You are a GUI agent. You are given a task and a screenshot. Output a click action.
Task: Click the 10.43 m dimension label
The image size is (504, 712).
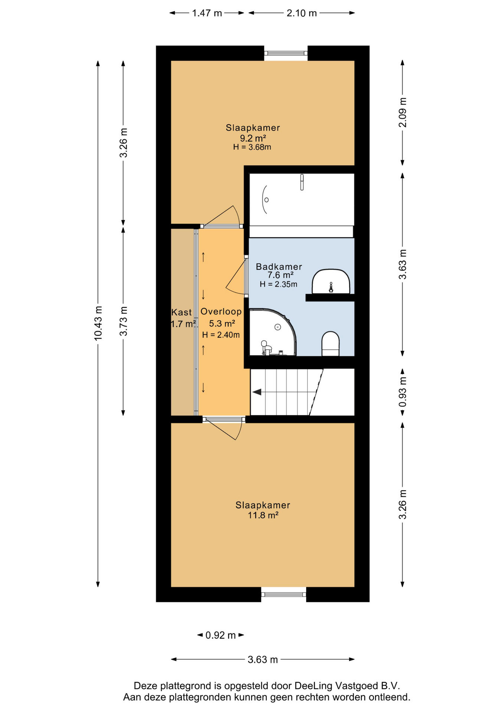point(98,323)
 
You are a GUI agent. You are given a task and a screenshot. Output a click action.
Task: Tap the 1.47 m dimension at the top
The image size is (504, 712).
point(207,13)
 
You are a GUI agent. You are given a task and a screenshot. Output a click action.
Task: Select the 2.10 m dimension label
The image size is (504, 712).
point(302,13)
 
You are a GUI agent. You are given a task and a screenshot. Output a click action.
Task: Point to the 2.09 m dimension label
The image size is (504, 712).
point(403,112)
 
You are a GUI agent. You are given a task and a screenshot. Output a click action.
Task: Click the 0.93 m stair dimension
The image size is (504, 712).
point(403,392)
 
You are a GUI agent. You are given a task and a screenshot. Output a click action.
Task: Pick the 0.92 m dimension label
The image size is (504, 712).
point(220,635)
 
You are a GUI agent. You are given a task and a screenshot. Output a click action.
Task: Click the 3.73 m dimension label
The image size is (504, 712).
point(123,321)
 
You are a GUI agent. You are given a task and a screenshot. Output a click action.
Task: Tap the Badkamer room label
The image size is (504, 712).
point(279,267)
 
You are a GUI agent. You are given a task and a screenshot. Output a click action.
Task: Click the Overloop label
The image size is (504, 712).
point(221,311)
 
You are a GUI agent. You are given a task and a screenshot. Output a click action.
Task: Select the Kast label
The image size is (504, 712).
point(181,312)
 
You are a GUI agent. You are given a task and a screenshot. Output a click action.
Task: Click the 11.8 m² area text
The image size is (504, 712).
point(263,515)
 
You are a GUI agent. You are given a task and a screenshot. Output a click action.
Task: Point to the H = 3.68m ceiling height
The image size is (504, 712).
point(252,147)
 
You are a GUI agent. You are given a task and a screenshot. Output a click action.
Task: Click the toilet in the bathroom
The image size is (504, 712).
point(330,343)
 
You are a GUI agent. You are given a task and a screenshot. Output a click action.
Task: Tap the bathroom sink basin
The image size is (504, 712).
point(331,281)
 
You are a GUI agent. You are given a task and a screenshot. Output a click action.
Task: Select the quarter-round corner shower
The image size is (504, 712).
point(272,332)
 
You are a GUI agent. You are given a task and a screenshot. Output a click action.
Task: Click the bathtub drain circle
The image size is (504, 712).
point(266,200)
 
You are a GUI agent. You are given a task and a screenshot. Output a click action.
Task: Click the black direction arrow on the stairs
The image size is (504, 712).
point(257,392)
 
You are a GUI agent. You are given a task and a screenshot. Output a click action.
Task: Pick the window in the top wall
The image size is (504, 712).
point(286,53)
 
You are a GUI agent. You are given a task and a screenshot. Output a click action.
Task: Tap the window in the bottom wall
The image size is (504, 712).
point(284,594)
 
